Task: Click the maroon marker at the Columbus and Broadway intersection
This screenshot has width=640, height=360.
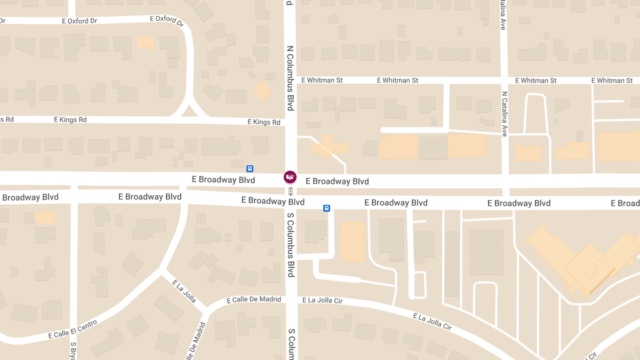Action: [x=290, y=177]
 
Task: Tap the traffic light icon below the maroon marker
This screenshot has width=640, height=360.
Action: [x=290, y=191]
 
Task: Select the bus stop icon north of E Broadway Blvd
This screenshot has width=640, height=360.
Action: [x=250, y=169]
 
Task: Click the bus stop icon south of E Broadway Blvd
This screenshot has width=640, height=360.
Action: [x=326, y=209]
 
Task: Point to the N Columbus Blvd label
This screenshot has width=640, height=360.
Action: [x=290, y=78]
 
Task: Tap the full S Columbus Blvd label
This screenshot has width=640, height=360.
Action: [x=291, y=245]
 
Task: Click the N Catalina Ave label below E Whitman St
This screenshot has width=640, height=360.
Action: [x=504, y=114]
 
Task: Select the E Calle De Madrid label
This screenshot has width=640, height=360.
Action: [x=254, y=300]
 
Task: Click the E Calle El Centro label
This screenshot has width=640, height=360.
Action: [x=73, y=329]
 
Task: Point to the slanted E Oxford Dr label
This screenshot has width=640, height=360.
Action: [x=167, y=21]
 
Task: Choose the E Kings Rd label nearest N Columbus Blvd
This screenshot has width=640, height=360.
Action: [x=263, y=122]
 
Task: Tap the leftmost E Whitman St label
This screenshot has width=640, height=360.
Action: [x=322, y=80]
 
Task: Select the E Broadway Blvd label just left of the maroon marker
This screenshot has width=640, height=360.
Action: [x=227, y=180]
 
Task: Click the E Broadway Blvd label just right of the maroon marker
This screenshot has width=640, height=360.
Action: [x=337, y=181]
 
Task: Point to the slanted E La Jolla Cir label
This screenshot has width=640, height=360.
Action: [x=433, y=322]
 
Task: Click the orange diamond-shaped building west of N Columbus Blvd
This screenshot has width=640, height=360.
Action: [x=262, y=91]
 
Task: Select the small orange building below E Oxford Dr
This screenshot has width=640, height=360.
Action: [x=145, y=43]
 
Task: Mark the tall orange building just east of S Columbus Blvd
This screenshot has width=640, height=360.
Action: [x=353, y=242]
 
